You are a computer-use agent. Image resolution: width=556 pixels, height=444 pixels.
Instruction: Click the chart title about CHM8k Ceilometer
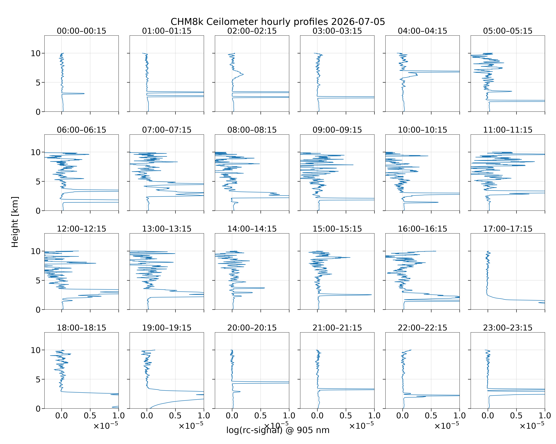coord(278,22)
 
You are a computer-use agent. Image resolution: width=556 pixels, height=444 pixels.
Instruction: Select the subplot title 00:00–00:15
coord(82,31)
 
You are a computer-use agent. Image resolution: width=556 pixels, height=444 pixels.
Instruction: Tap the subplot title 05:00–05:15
coord(508,31)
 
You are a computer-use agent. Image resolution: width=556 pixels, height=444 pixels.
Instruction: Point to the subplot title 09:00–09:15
coord(337,130)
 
